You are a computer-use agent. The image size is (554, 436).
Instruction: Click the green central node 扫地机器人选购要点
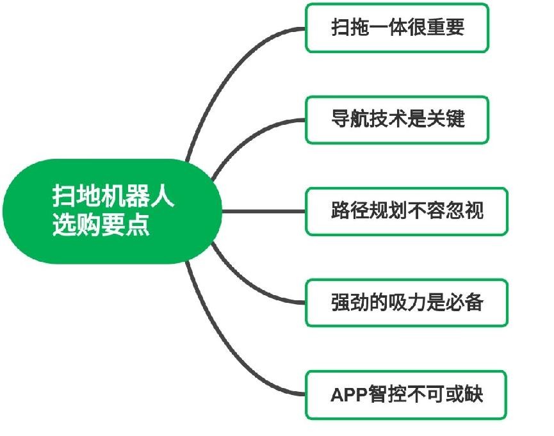[113, 211]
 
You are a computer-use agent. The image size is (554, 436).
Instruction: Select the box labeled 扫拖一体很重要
[397, 28]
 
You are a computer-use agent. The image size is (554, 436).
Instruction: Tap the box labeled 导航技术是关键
[397, 120]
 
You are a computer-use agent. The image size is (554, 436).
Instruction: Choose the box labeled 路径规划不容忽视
[407, 211]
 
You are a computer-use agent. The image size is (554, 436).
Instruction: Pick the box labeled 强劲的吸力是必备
[407, 303]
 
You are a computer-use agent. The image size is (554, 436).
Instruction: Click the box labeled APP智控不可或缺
[407, 394]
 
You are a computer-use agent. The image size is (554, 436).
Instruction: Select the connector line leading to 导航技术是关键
[250, 138]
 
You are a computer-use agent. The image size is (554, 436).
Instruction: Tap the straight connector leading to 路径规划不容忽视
[263, 211]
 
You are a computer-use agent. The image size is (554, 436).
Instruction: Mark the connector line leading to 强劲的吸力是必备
[250, 285]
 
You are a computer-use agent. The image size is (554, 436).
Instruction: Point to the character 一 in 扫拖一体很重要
[380, 28]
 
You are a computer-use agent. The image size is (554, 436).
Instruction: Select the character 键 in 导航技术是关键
[455, 120]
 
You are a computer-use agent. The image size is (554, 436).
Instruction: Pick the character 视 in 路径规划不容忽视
[473, 211]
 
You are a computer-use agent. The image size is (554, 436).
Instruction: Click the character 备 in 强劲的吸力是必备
[473, 303]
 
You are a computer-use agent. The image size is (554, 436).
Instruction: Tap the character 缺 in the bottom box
[473, 394]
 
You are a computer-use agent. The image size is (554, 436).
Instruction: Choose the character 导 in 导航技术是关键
[340, 120]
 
